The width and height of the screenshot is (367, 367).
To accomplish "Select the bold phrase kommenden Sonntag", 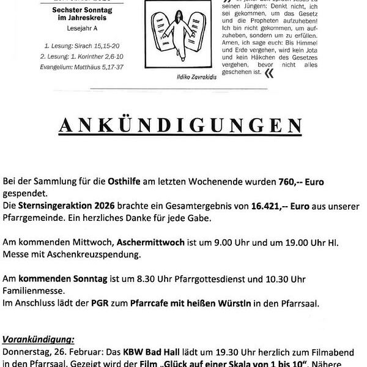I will pos(64,278).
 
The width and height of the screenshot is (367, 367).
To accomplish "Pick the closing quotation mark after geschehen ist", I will pos(269,73).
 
